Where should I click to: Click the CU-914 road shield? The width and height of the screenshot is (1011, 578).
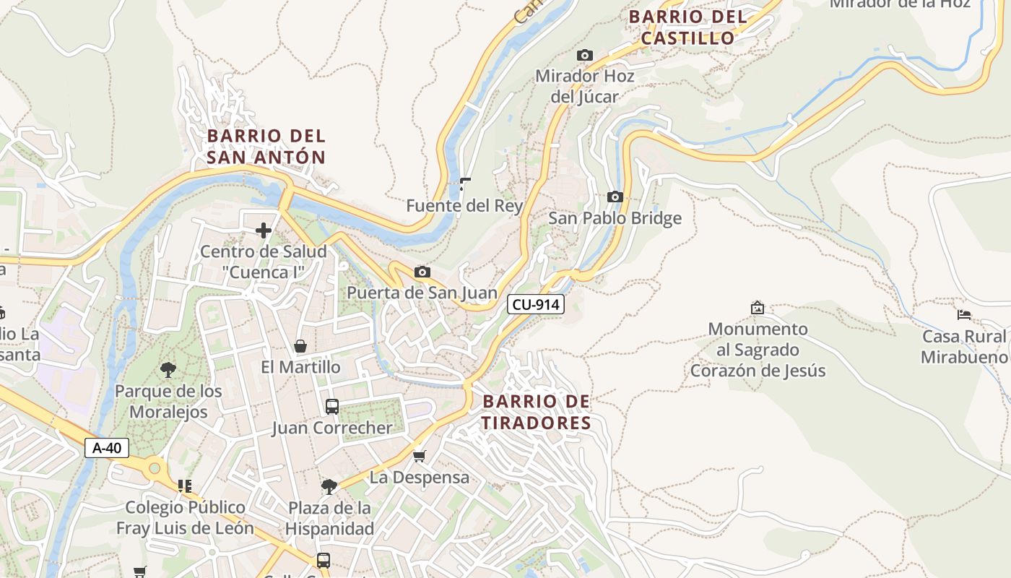click(535, 304)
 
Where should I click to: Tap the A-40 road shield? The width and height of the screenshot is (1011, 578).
click(107, 448)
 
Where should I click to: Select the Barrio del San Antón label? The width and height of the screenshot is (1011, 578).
click(266, 146)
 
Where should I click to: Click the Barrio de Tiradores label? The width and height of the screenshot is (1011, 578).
click(536, 412)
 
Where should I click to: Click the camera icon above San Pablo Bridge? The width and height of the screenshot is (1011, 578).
click(615, 197)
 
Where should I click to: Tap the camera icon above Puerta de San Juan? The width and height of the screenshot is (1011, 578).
click(422, 272)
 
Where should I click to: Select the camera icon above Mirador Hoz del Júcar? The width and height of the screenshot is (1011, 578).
click(584, 55)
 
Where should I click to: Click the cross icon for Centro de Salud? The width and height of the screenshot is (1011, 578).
click(264, 230)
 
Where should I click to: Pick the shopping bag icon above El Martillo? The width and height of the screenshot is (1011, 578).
click(300, 346)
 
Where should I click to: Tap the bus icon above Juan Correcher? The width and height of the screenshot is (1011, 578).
click(331, 406)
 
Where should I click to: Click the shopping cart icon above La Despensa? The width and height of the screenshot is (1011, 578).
click(419, 456)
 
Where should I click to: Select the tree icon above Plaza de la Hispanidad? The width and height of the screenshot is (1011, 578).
click(329, 486)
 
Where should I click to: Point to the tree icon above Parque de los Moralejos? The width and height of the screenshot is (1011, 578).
click(168, 370)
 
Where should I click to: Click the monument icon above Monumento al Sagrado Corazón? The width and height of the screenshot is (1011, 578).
click(757, 308)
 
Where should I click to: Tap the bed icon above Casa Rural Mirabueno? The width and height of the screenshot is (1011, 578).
click(963, 315)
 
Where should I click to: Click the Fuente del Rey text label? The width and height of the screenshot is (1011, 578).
click(464, 206)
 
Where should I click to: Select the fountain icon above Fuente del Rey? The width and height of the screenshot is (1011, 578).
click(464, 184)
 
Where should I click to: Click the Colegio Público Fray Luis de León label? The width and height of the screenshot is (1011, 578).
click(185, 517)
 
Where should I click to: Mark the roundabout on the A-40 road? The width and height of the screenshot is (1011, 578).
click(154, 469)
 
